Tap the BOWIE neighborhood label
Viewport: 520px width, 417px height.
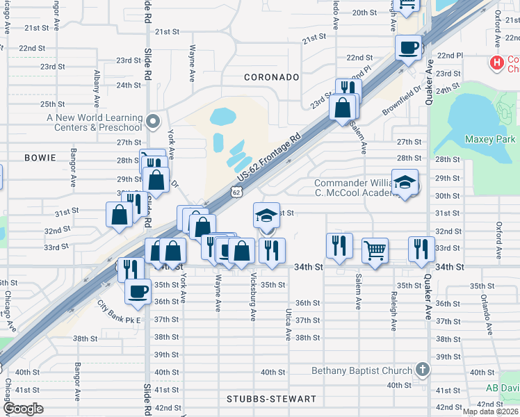pos(40,158)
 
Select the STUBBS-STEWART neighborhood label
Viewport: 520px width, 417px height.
pos(272,400)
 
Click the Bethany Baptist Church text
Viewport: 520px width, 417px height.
pos(361,370)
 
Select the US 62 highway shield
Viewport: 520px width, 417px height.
pos(237,191)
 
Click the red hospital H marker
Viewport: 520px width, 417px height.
pos(496,63)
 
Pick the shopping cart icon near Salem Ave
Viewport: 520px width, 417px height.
pos(375,249)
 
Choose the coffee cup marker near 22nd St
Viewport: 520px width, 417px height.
pos(408,47)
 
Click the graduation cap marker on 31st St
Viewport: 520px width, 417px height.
pos(266,215)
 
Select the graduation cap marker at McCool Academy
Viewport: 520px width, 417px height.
pos(405,183)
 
